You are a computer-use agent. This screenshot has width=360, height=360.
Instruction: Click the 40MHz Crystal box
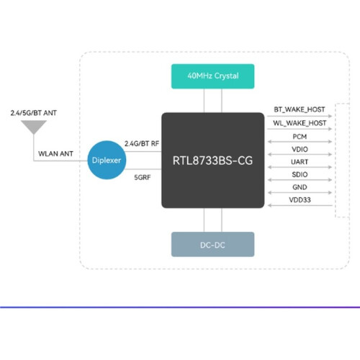pos(212,76)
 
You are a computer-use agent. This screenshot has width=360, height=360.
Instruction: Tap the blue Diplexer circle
pos(107,160)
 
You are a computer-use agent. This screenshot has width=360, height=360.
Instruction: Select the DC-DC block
pos(212,244)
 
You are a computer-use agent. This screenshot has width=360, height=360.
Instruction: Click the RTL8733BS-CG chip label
pos(212,161)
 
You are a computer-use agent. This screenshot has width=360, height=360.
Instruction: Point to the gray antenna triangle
pos(34,127)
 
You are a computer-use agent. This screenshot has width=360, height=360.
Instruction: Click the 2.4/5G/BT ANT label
pos(34,113)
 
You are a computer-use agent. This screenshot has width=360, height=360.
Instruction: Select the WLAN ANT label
pos(55,153)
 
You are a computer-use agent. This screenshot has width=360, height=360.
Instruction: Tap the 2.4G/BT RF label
pos(142,143)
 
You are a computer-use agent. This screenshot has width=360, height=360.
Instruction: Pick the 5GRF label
pos(143,177)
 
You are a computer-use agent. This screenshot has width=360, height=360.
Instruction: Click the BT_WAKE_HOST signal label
pos(300,109)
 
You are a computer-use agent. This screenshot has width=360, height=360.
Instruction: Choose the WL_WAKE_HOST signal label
pos(300,123)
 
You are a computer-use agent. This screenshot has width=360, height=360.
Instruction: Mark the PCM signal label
pos(300,137)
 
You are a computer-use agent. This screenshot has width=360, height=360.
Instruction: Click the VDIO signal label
pos(300,149)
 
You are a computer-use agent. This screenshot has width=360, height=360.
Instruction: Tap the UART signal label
pos(300,162)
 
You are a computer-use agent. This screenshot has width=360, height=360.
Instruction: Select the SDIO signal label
pos(300,174)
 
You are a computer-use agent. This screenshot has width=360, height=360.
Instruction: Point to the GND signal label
pos(300,187)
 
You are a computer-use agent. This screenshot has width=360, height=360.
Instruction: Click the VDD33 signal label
pos(300,200)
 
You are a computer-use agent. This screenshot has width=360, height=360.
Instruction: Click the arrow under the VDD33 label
pos(300,205)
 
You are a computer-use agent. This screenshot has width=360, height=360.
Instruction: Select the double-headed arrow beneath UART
pos(300,167)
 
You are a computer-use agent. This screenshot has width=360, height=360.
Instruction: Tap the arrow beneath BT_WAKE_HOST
pos(300,116)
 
